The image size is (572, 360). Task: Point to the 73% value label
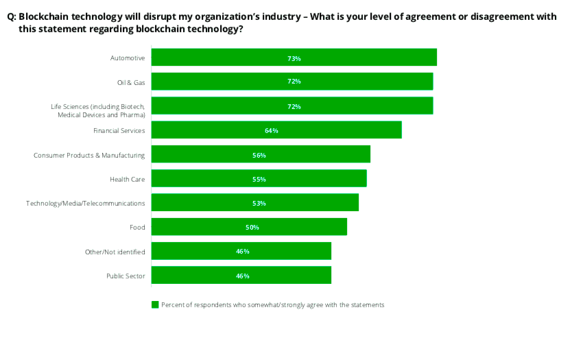(294, 58)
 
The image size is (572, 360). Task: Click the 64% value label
(271, 130)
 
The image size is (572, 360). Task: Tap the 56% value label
(259, 155)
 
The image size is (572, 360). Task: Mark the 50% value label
(249, 227)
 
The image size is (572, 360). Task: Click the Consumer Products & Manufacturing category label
(89, 155)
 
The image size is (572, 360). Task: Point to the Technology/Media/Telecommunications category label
(85, 203)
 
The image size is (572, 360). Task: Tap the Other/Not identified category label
(115, 252)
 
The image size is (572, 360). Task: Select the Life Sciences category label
(97, 110)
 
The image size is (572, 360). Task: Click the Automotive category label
(128, 58)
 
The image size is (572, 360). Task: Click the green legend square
(155, 304)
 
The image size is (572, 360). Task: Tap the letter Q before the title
(10, 17)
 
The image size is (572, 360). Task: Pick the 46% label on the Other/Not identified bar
(242, 252)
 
